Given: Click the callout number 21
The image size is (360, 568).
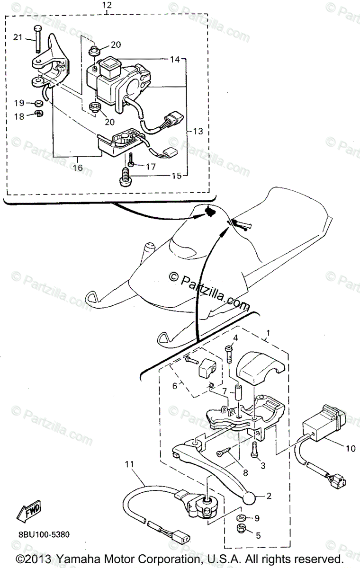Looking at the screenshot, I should [x=18, y=37].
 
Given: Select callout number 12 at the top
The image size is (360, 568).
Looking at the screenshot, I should [x=107, y=5].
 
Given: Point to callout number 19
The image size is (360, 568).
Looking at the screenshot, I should [x=18, y=103].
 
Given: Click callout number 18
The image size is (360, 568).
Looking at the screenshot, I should [x=18, y=115].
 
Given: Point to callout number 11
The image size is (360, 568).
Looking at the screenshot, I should [x=130, y=464].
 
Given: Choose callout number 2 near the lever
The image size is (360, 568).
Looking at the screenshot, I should [x=269, y=496].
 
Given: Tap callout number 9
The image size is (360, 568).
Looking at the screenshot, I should [x=257, y=518].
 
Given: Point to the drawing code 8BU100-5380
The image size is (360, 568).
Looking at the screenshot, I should [x=45, y=534].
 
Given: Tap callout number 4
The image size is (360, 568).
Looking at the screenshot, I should [x=234, y=337].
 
